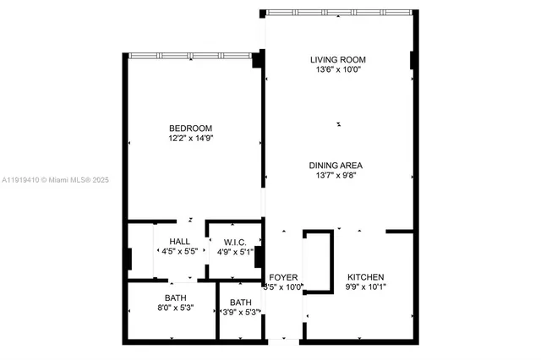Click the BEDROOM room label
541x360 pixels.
coord(190,128)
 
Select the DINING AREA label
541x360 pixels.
coord(336,166)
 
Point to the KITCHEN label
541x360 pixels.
coord(366,277)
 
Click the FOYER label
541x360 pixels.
coord(282,277)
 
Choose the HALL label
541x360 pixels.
coord(179,242)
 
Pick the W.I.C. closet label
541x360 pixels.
coord(235,242)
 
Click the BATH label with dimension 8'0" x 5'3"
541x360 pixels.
coord(176,298)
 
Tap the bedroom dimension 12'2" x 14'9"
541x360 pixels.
coord(190,138)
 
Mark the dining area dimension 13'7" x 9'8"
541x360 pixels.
coord(336,176)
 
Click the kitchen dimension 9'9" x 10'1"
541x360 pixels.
coord(366,287)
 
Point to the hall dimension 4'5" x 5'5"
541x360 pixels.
coord(179,252)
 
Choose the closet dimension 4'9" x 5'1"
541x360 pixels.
coord(235,252)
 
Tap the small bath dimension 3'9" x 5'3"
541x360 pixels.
coord(241,313)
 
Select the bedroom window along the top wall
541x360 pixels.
coord(193,55)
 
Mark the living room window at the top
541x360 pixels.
coord(338,13)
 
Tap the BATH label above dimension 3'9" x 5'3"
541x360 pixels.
coord(241,303)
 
